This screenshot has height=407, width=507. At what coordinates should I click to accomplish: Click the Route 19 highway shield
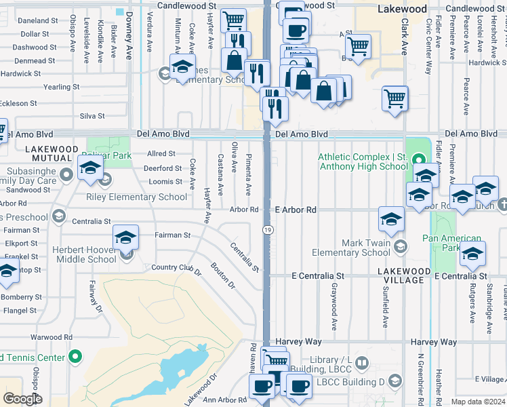tap(268, 231)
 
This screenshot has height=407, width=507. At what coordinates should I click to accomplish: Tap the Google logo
tap(22, 399)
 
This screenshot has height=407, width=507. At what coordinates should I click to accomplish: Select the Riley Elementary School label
tap(136, 197)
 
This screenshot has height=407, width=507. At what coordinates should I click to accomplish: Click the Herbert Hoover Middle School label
tap(84, 255)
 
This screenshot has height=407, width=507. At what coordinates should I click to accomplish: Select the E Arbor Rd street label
tap(296, 210)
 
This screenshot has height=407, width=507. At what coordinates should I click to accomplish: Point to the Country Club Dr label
tap(177, 269)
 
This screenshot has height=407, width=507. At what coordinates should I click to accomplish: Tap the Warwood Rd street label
tap(52, 337)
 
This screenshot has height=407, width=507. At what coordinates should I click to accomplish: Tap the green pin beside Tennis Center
tap(76, 356)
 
